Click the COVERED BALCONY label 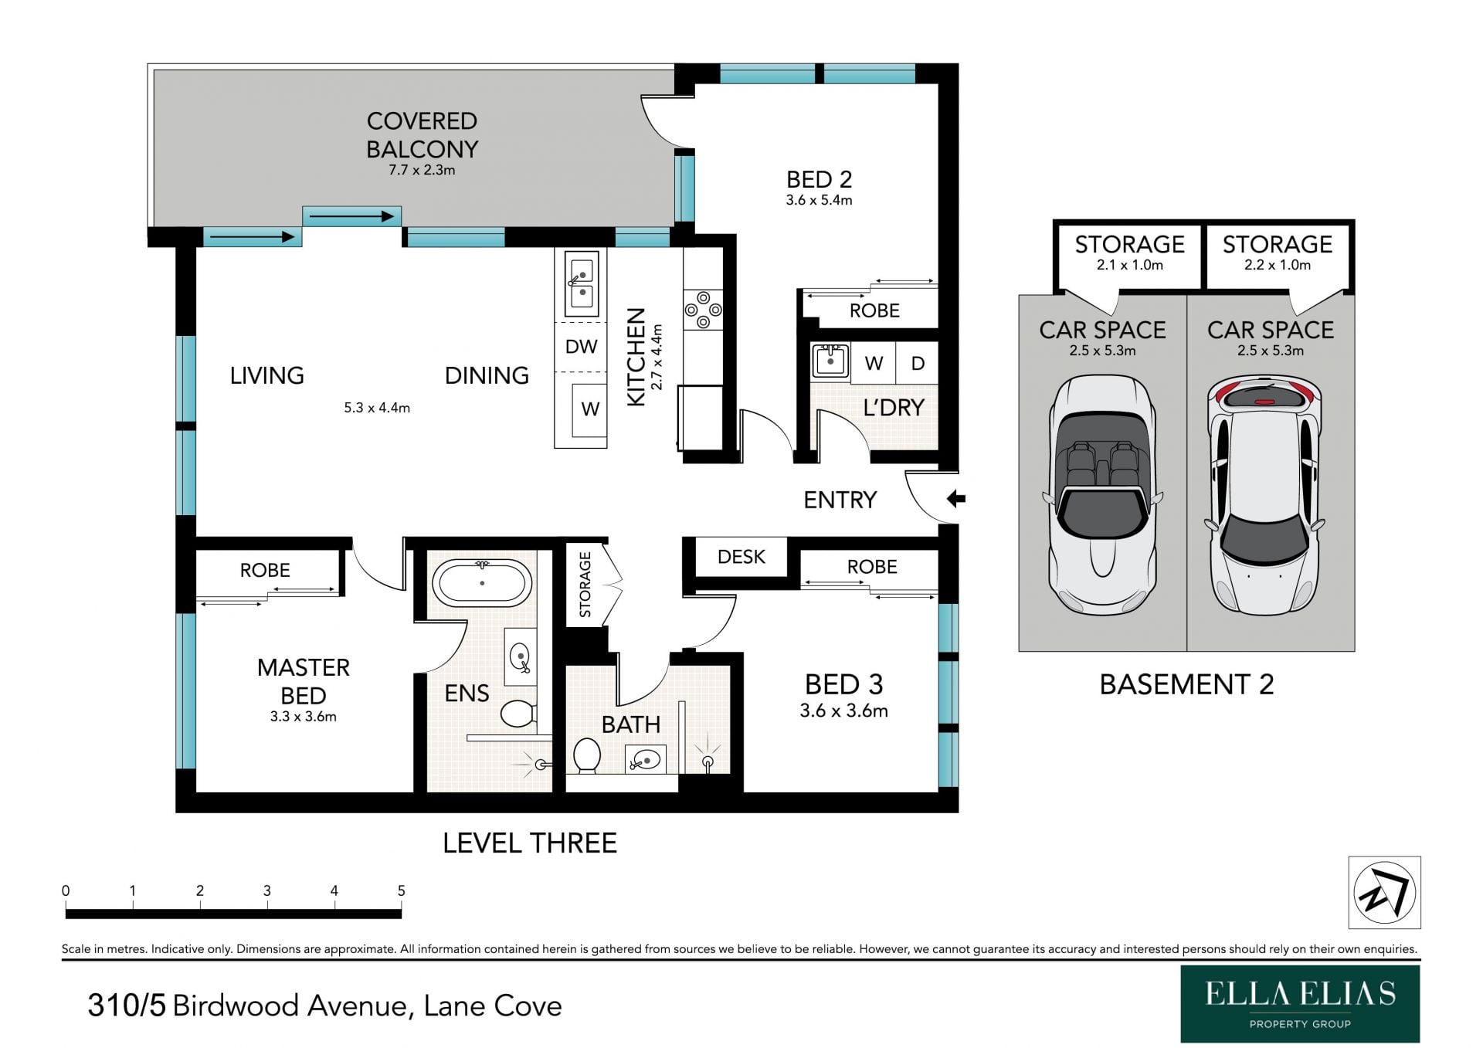tap(422, 134)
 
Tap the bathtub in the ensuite tap(482, 584)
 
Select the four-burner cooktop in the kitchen tap(703, 310)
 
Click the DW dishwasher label tap(581, 347)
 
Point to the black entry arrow tap(956, 498)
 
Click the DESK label tap(741, 557)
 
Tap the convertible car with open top tap(1102, 494)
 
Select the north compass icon tap(1384, 892)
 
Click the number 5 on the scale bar tap(401, 890)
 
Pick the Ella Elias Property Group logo tap(1300, 1003)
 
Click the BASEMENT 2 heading tap(1186, 684)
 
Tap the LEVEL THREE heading tap(530, 843)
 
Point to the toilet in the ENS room tap(518, 714)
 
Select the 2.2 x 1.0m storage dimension tap(1277, 265)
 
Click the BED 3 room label tap(843, 684)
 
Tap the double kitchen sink tap(581, 283)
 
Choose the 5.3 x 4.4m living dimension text tap(377, 408)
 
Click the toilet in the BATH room tap(587, 755)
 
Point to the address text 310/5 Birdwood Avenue tap(324, 1006)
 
